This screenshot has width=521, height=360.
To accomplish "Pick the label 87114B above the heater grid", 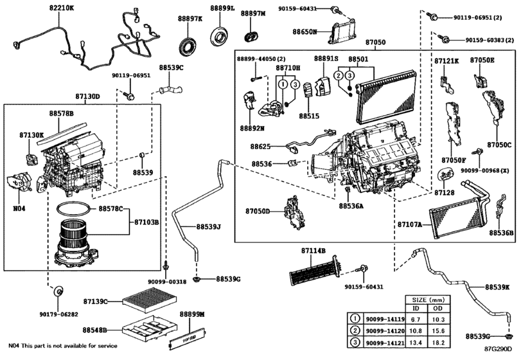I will [313, 250].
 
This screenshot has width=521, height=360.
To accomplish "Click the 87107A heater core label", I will [409, 225].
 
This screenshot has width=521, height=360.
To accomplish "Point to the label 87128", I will [444, 192].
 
